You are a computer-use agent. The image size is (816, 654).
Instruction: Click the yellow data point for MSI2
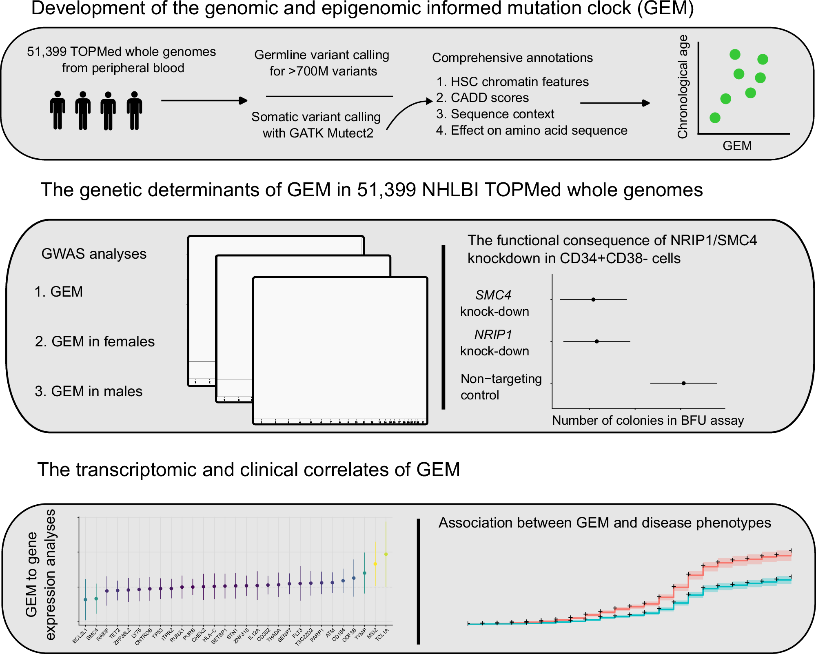point(375,564)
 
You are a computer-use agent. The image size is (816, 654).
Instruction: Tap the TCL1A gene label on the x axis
point(382,635)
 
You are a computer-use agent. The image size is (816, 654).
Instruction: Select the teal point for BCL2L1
point(85,599)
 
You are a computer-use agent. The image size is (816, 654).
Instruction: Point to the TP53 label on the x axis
point(157,633)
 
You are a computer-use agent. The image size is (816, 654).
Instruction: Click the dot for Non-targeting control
point(683,383)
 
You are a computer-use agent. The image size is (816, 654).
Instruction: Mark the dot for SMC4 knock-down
point(593,299)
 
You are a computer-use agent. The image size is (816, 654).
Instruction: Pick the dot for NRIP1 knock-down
point(596,341)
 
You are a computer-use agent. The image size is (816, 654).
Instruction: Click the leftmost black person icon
point(58,110)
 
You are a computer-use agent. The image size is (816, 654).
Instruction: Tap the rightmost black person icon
point(134,110)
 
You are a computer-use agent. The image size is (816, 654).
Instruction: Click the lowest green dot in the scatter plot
point(715,117)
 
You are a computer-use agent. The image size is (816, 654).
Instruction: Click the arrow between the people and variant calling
point(204,100)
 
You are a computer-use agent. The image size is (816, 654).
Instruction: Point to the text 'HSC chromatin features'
point(519,82)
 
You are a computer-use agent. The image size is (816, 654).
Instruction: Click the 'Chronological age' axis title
point(683,86)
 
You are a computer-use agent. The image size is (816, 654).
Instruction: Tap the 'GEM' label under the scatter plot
point(737,146)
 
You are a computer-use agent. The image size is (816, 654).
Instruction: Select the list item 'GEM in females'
point(95,341)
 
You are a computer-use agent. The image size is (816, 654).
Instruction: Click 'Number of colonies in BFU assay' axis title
point(647,420)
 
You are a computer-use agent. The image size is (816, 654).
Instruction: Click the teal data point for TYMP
point(364,573)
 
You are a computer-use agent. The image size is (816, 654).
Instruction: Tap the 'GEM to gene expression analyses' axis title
point(40,574)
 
